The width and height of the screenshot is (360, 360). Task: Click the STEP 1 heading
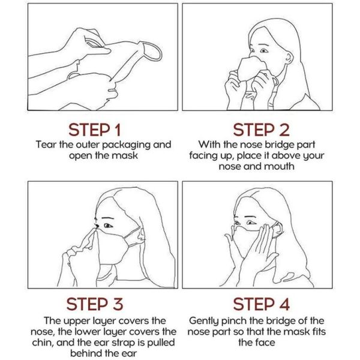pos(94,130)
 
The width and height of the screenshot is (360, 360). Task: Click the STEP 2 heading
pos(261,130)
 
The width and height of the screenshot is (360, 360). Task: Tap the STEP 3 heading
pos(95,304)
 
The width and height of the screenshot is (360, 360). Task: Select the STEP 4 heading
pos(261,304)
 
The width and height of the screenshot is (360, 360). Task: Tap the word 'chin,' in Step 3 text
pos(43,343)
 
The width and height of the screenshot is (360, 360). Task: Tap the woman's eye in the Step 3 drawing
pos(108,226)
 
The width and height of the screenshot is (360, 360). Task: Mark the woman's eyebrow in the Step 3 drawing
pos(109,217)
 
